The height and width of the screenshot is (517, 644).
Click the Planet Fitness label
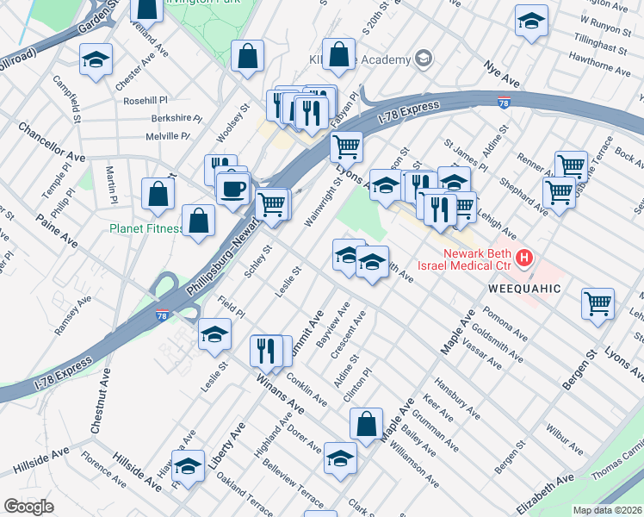tap(146, 228)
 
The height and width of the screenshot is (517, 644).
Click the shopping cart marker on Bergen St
tap(598, 302)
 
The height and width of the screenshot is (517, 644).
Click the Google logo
tap(28, 506)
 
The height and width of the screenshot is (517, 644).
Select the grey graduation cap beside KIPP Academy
tap(422, 59)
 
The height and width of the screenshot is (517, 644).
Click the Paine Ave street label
tap(57, 233)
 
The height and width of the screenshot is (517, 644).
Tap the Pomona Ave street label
tap(504, 321)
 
